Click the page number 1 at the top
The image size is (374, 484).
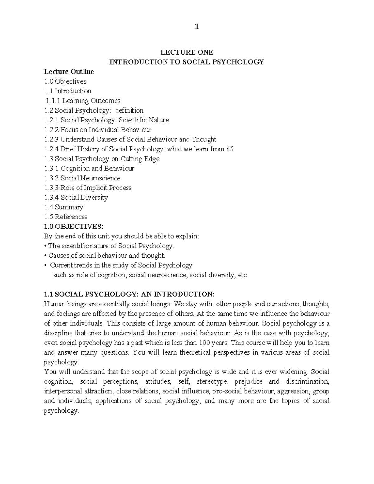coord(196,27)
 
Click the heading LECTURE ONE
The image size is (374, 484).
coord(186,52)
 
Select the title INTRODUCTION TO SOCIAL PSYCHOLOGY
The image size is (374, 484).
coord(186,62)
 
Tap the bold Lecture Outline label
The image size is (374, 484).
coord(69,72)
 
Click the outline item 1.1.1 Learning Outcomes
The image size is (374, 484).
coord(83,101)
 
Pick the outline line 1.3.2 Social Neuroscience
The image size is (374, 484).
coord(82,178)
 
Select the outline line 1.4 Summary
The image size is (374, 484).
coord(64,207)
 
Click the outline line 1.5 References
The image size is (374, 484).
coord(66,217)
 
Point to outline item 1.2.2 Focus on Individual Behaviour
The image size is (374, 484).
coord(98,130)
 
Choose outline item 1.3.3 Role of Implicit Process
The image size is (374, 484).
coord(88,188)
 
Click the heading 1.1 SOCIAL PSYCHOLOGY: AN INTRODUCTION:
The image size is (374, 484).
coord(129,294)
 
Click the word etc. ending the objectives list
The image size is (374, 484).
coord(242,275)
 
